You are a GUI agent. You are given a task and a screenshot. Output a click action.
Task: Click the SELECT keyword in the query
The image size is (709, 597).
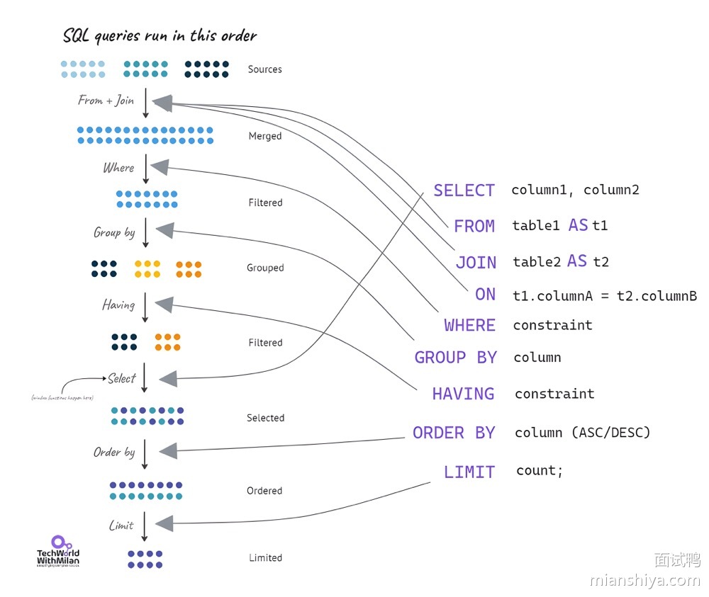coord(464,191)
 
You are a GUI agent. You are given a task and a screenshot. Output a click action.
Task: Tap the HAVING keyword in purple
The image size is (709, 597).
coord(463,394)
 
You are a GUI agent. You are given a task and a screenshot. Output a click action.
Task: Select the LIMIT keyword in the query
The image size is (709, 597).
coord(469,472)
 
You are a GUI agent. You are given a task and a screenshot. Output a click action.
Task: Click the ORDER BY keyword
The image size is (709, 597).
coord(454,433)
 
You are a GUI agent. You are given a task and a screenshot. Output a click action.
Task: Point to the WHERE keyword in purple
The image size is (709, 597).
coord(469,325)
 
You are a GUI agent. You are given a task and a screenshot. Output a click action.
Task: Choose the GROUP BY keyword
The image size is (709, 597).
coord(455,358)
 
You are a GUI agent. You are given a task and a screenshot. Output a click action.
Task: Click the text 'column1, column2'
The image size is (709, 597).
coord(575,190)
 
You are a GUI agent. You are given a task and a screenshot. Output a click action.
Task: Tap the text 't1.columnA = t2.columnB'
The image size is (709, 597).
coord(605,296)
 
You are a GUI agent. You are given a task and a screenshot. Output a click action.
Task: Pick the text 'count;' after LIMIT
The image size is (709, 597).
coord(540,471)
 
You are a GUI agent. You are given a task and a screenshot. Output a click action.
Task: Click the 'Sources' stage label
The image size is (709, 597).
coord(264,69)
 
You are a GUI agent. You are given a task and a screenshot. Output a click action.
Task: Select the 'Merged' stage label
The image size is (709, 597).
coord(264,136)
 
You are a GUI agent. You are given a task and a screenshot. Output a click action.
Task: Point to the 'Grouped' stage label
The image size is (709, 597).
coord(265,268)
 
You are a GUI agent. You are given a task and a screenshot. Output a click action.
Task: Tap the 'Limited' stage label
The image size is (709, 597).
coord(265,558)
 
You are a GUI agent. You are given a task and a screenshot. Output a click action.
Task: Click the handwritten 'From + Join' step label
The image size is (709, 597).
coord(106,101)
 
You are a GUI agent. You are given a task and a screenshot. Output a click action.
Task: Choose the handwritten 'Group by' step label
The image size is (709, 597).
coord(114,232)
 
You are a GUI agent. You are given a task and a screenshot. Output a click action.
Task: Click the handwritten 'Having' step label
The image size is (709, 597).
coord(118,305)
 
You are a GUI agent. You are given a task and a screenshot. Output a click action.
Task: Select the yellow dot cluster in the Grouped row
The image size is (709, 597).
coord(147,269)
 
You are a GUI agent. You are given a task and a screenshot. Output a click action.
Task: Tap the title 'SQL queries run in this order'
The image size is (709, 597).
coord(160,35)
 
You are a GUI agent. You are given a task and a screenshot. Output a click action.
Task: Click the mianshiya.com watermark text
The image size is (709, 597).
coord(644,581)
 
